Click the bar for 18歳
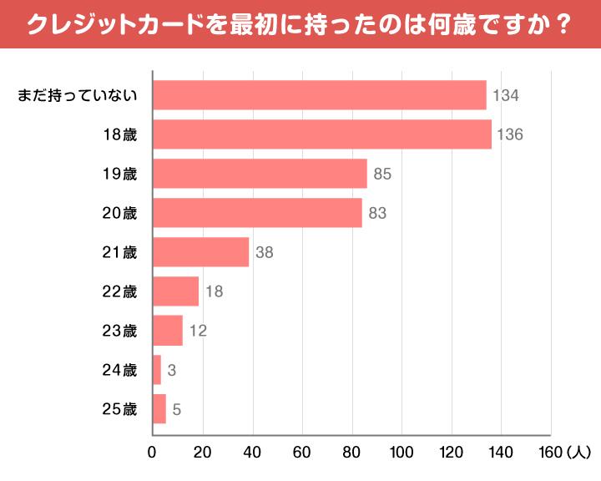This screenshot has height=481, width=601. (x=322, y=134)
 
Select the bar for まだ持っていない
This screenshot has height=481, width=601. (x=320, y=95)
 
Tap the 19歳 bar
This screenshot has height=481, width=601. (x=260, y=174)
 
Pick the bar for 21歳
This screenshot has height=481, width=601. (x=201, y=252)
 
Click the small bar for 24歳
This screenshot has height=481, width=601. (x=157, y=370)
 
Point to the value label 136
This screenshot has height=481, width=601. (x=509, y=134)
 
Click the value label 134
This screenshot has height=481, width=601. (x=506, y=95)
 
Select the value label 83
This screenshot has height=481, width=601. (x=377, y=213)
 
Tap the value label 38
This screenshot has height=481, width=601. (x=265, y=252)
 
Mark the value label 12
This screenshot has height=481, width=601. (x=198, y=331)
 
